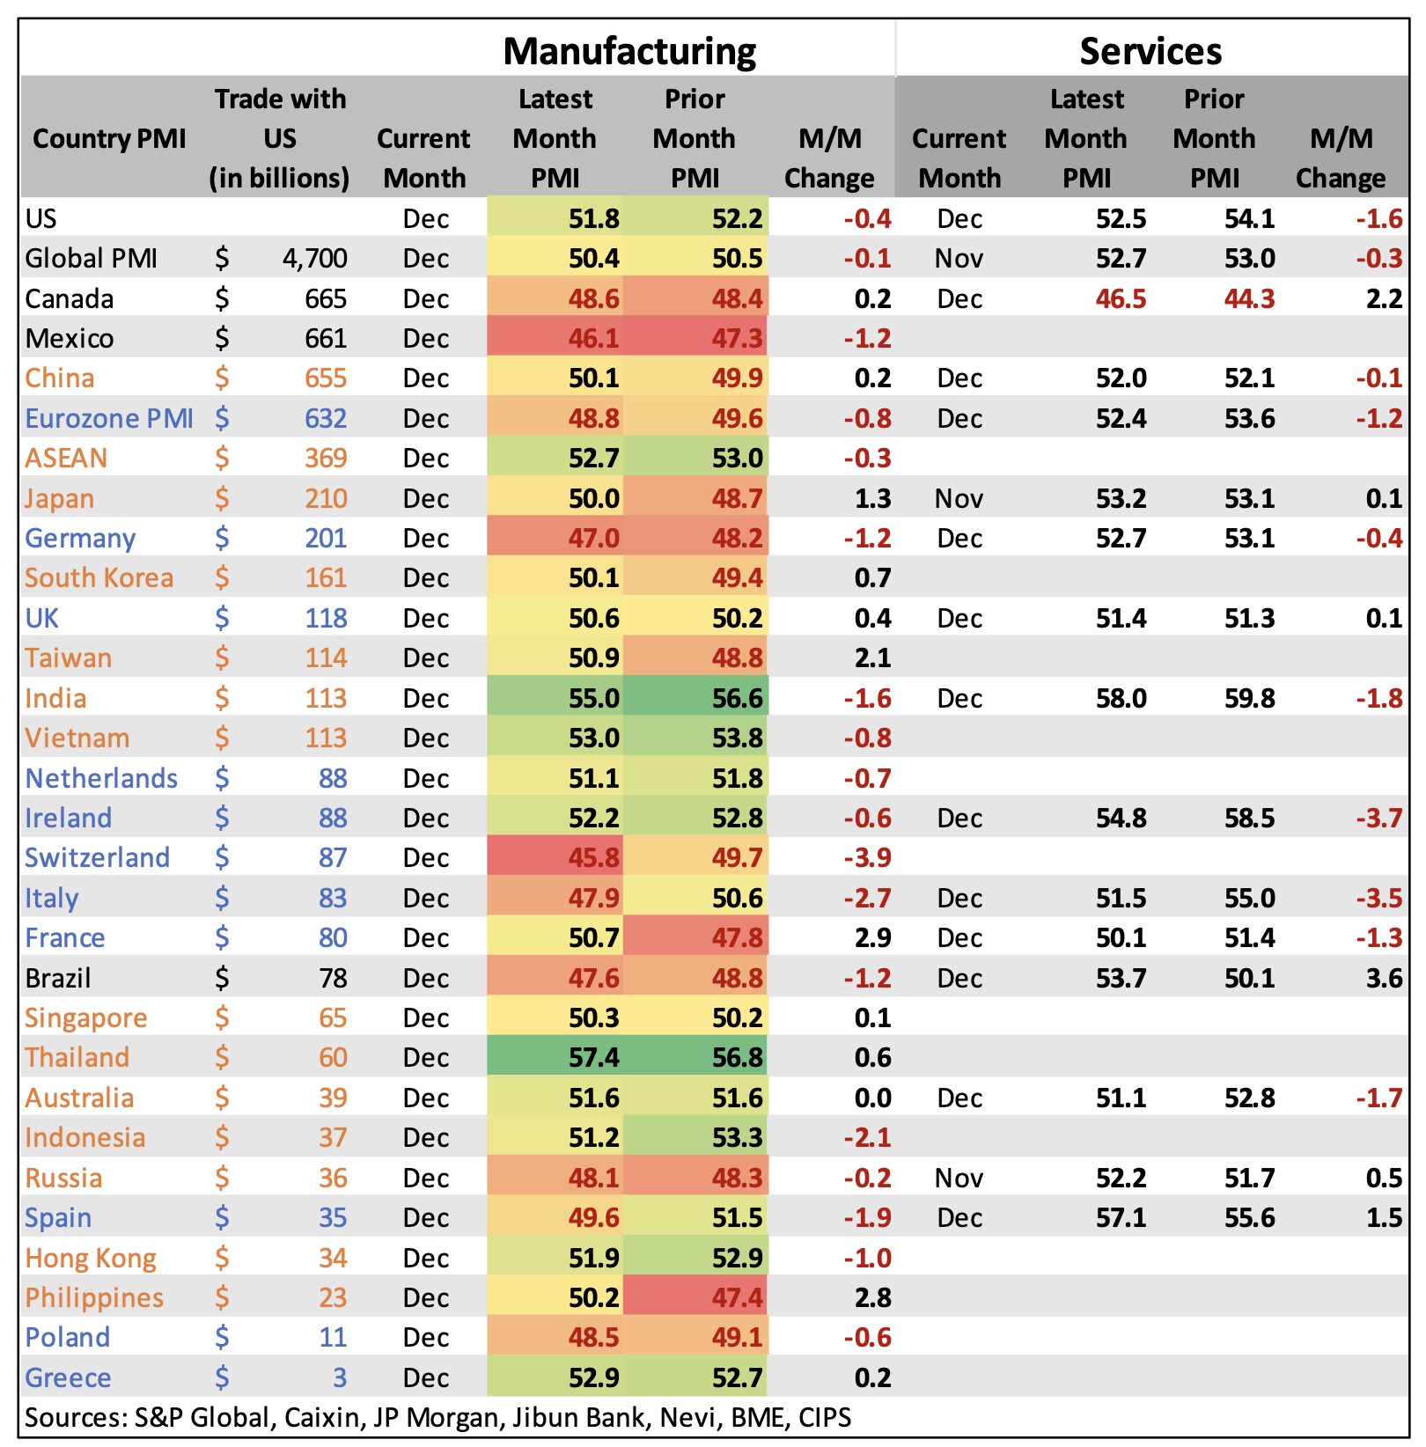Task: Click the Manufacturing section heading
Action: pos(629,51)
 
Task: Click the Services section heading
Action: pos(1150,51)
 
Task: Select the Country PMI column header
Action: pos(109,138)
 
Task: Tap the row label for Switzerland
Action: pos(97,857)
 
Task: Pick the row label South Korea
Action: pos(99,577)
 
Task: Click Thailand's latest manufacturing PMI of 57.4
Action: pos(593,1057)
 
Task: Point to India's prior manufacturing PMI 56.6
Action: pos(737,698)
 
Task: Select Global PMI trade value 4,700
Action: pos(314,258)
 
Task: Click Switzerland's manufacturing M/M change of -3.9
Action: pos(867,857)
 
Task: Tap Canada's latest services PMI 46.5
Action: pos(1121,298)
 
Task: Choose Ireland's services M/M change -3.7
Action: pos(1378,818)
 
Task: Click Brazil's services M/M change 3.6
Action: pos(1384,978)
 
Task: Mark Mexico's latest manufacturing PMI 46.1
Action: pos(593,338)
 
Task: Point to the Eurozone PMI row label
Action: pos(109,418)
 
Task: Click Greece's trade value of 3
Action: pos(339,1377)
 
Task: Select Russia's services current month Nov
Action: pos(959,1178)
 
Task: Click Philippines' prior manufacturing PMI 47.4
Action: pos(737,1297)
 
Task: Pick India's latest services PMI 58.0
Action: pos(1121,698)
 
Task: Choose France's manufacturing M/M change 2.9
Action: pos(872,937)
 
